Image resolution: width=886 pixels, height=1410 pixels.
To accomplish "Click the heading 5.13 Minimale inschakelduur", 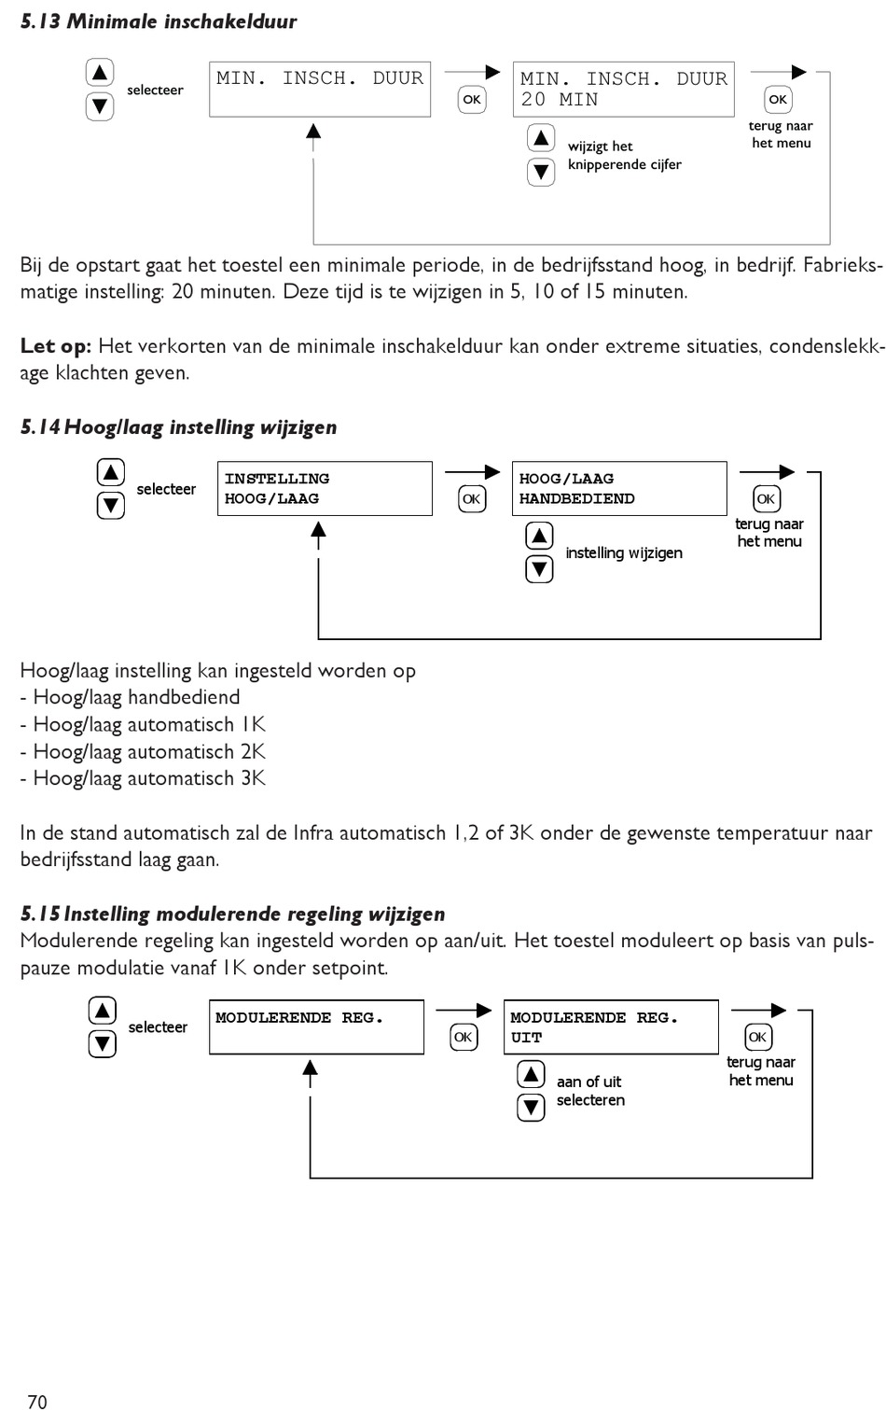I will pos(159,21).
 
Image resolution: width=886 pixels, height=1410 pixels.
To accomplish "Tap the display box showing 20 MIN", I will pos(623,90).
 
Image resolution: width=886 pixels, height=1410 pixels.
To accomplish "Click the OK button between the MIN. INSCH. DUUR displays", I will pos(472,100).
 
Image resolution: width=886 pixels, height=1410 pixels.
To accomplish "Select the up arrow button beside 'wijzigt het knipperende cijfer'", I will pos(541,138).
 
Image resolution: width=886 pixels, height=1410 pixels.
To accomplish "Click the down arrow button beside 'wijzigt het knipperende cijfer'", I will pos(541,172).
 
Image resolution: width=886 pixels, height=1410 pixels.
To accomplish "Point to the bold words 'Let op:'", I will pos(56,346).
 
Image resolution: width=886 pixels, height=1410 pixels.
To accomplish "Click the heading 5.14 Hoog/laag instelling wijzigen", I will pos(178,427).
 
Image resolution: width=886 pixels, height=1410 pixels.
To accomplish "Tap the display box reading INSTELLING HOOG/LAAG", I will pos(325,488).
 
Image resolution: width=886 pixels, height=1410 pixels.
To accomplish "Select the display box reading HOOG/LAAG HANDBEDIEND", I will pos(618,488).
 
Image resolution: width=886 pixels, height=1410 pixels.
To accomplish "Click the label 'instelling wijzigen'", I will pos(624,553).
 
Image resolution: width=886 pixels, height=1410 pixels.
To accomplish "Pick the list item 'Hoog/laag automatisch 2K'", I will pos(144,751).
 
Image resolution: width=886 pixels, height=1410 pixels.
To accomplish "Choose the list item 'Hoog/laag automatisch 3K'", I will pos(144,778).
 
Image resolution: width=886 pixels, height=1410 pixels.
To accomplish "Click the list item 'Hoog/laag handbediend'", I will pos(131,697).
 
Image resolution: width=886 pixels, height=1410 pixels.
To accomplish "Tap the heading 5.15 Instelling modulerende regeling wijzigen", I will pos(232,914).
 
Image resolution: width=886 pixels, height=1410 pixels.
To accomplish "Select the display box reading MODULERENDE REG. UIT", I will pos(611,1026).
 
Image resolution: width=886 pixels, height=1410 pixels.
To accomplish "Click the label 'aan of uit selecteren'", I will pos(590,1091).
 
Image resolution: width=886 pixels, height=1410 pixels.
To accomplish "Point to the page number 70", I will pos(37,1401).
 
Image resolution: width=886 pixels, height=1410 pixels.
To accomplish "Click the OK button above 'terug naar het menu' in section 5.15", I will pos(757,1037).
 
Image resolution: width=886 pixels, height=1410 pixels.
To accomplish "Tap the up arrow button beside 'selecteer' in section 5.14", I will pos(111,472).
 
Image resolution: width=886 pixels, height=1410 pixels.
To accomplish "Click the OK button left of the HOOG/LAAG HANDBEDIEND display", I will pos(472,499).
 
